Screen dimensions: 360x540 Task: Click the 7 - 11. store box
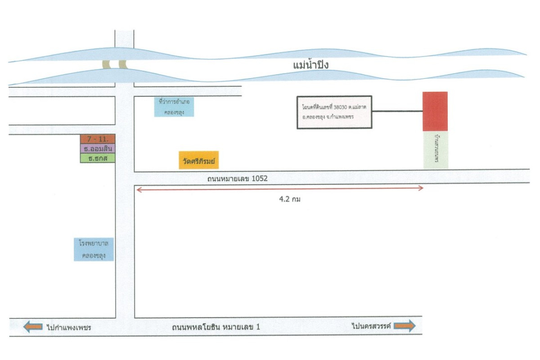point(98,139)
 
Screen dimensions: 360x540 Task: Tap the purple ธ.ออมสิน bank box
point(98,148)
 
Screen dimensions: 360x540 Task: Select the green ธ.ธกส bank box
point(98,158)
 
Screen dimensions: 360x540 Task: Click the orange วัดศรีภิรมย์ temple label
point(198,160)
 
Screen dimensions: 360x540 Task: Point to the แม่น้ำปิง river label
point(311,65)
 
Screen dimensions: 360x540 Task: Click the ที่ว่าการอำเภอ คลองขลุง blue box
point(174,107)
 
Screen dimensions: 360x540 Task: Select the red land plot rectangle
point(435,111)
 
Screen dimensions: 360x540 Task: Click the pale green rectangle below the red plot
point(435,150)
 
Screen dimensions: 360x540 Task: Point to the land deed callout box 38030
point(334,112)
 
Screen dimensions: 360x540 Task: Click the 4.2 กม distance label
point(290,199)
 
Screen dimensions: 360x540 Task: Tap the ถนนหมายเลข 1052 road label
point(237,179)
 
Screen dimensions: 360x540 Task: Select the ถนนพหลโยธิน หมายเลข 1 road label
point(216,327)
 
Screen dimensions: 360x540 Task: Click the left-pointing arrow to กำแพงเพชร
point(33,327)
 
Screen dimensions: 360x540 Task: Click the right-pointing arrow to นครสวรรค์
point(404,326)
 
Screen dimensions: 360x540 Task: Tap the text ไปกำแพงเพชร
point(69,327)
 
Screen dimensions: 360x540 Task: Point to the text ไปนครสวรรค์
point(371,326)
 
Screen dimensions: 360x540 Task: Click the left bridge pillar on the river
point(106,64)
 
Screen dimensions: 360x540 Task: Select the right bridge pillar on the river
point(122,64)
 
